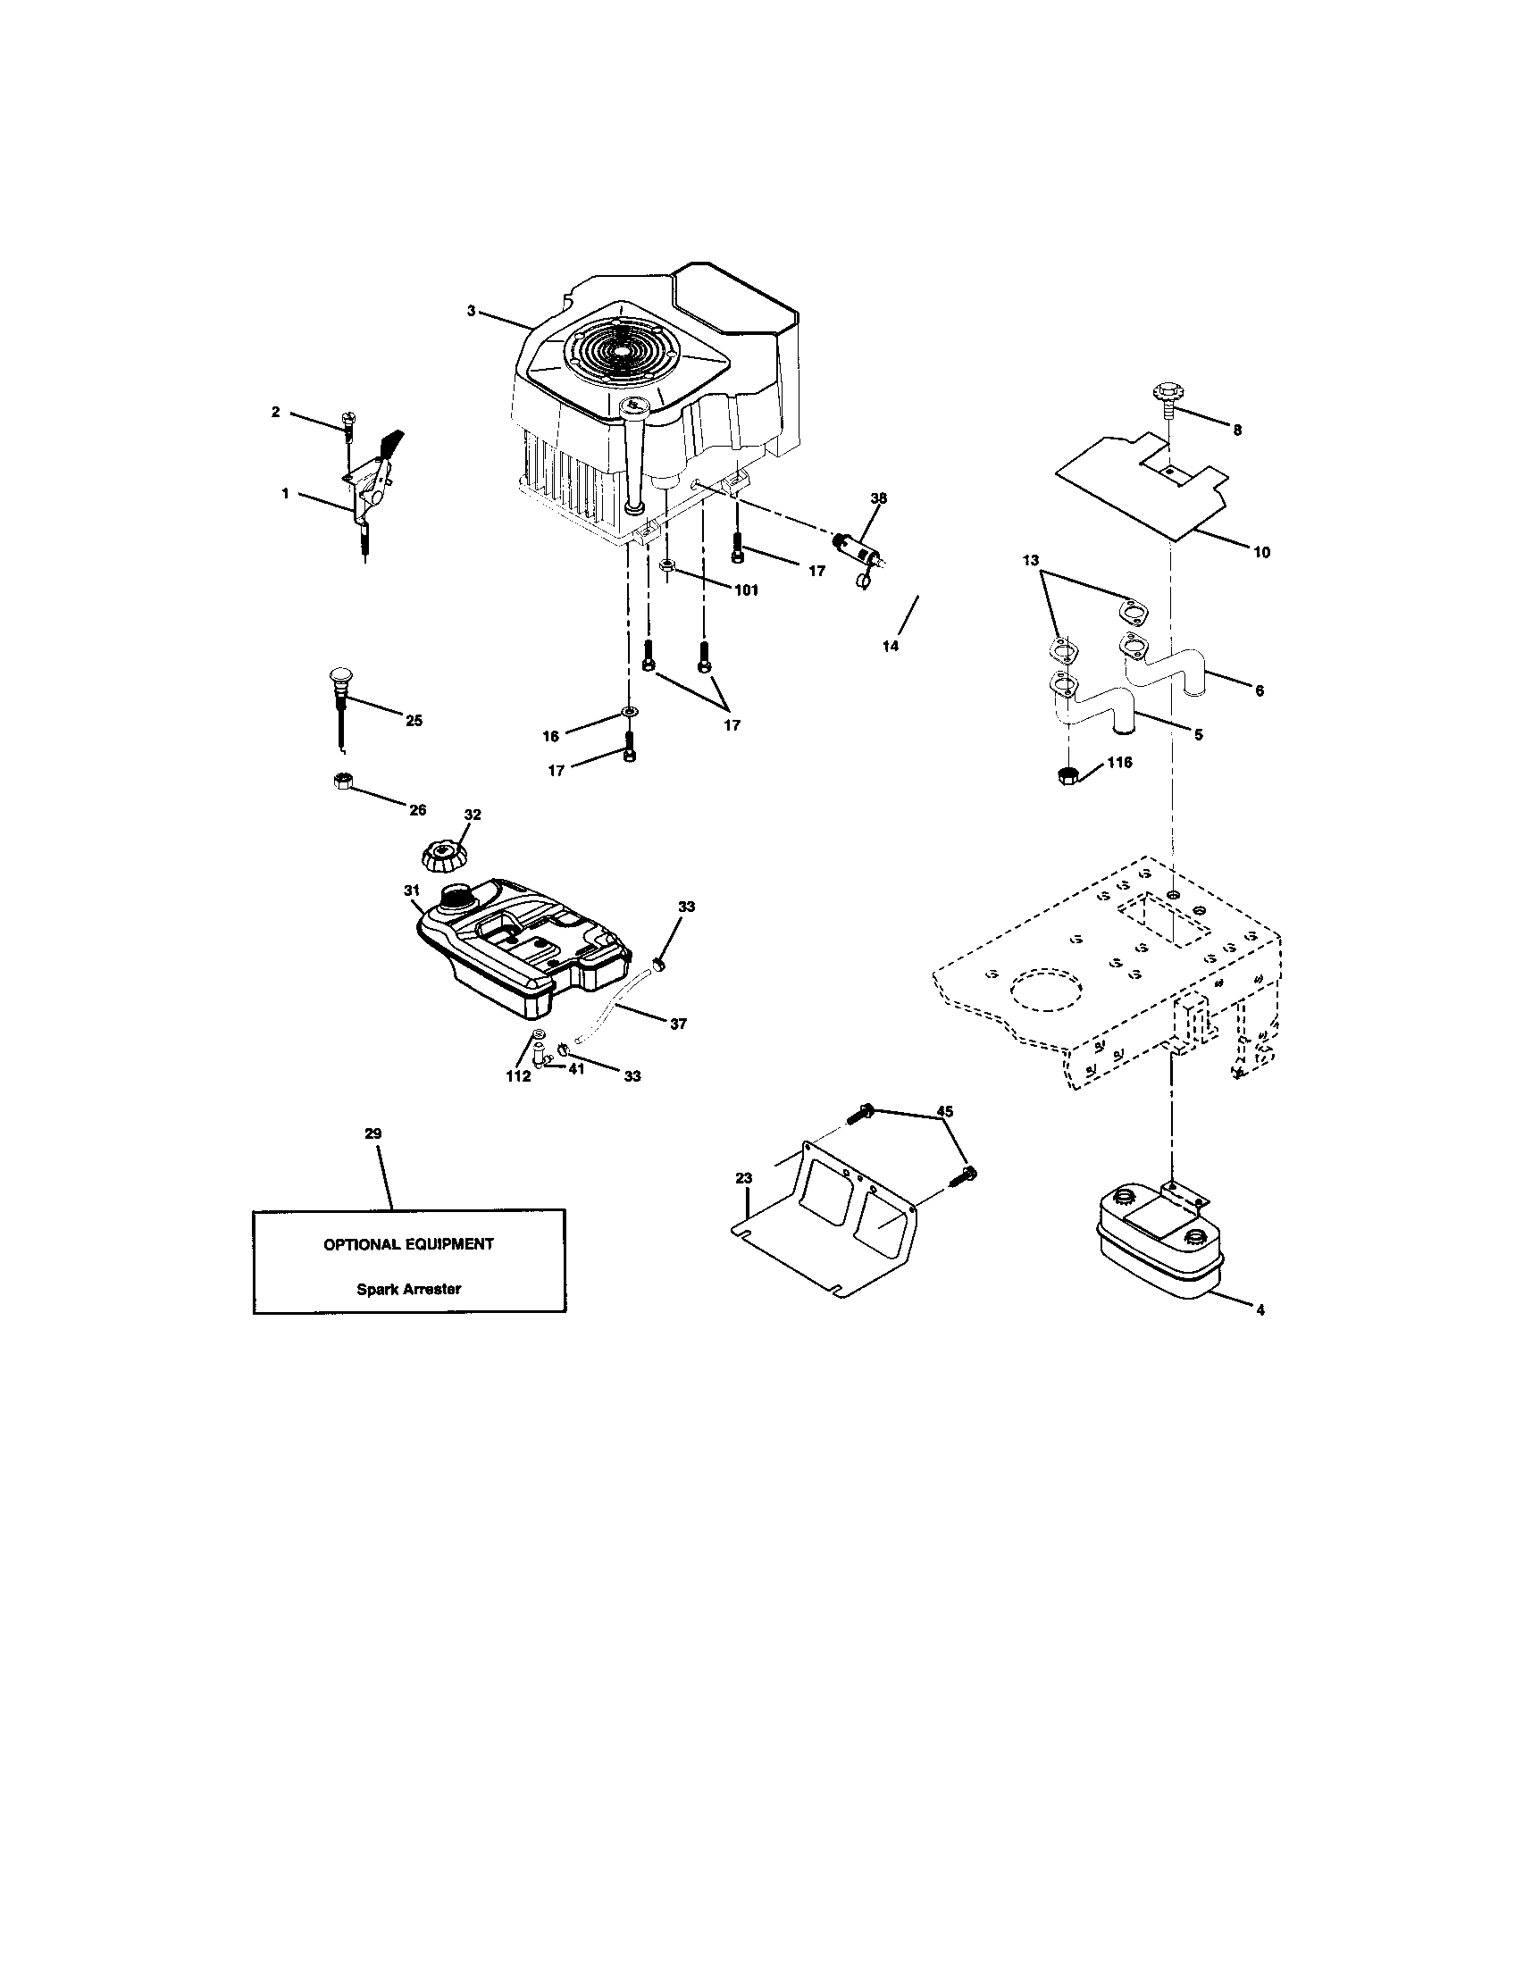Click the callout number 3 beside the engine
tap(471, 311)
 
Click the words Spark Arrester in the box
tap(408, 1288)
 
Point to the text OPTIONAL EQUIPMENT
tap(408, 1244)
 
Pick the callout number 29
tap(372, 1133)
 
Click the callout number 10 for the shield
tap(1261, 552)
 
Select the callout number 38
tap(878, 498)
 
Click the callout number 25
tap(414, 721)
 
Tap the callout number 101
tap(746, 590)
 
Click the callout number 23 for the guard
tap(743, 1177)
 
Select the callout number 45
tap(944, 1111)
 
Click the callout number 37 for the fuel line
tap(678, 1023)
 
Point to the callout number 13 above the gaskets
tap(1031, 560)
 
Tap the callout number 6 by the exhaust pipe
tap(1259, 690)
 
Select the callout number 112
tap(517, 1076)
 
